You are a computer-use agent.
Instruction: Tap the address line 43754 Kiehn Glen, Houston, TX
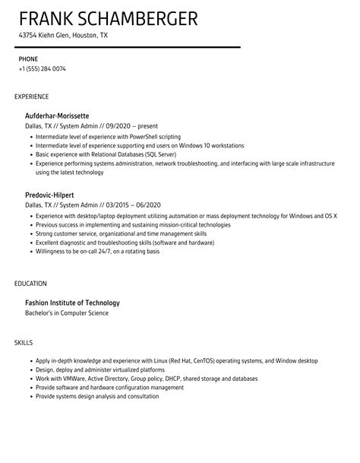click(x=63, y=35)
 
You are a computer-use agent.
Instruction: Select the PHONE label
click(x=27, y=58)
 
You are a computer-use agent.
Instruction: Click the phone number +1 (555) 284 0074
click(x=43, y=68)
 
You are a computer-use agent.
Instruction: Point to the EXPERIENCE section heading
click(x=32, y=97)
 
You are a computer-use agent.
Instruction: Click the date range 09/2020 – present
click(x=132, y=125)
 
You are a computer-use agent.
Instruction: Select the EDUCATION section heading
click(x=30, y=284)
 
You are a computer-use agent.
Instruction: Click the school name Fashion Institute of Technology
click(x=72, y=303)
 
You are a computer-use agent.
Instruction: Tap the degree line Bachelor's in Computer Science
click(x=67, y=312)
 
